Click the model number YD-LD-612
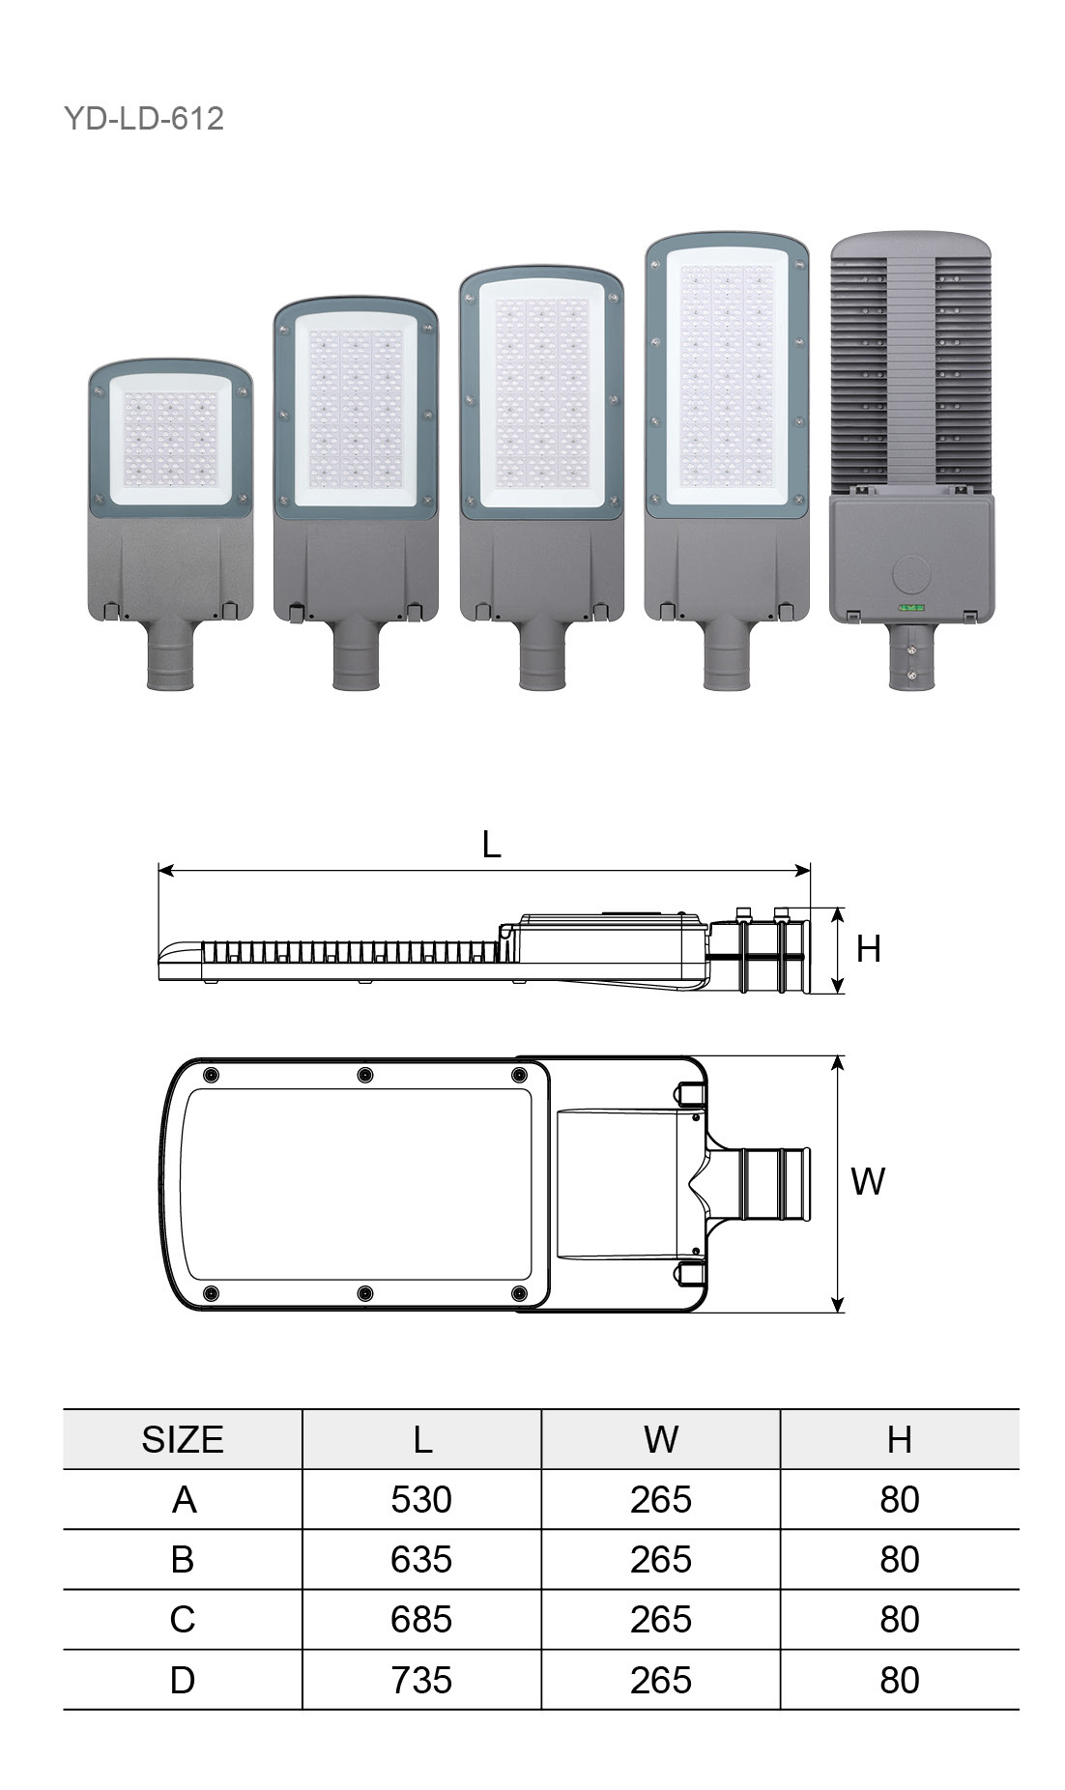point(144,118)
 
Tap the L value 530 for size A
point(421,1499)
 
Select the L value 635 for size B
point(421,1559)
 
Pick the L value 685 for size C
point(421,1619)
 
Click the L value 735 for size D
point(421,1680)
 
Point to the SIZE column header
point(183,1439)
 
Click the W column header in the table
point(661,1439)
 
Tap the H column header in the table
point(900,1439)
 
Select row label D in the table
point(183,1680)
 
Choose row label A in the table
point(184,1499)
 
